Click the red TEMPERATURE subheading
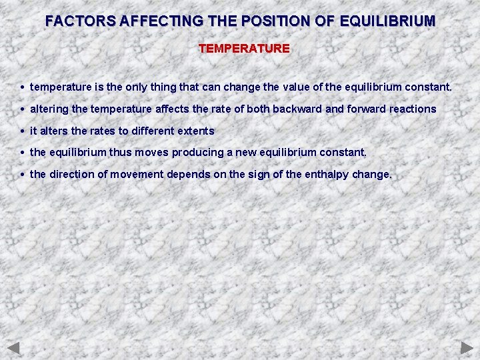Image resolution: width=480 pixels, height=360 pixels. [244, 49]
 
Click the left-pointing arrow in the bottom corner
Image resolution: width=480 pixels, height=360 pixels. [14, 347]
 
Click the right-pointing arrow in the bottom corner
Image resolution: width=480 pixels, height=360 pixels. [467, 347]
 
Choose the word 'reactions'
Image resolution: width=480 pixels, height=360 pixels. [413, 109]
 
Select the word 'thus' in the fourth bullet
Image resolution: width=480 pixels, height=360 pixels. [120, 153]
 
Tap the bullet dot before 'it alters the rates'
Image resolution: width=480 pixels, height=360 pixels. [23, 131]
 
